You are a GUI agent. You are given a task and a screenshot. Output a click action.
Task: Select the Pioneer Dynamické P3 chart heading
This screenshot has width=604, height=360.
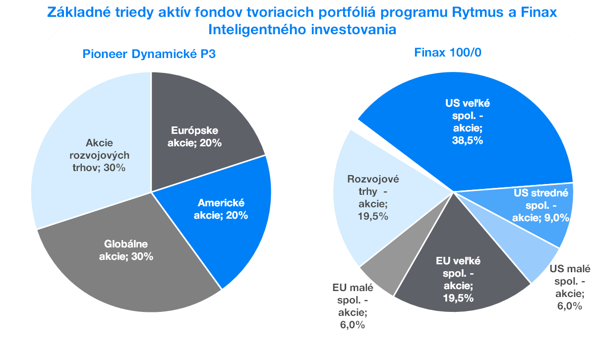(x=149, y=54)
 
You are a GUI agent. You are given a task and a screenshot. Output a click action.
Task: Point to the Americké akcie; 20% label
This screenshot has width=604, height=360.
(x=221, y=209)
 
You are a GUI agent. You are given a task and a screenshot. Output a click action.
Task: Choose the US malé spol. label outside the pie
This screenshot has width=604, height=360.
(x=568, y=287)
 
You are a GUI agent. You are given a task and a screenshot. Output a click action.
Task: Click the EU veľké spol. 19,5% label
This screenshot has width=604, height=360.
(x=459, y=279)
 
